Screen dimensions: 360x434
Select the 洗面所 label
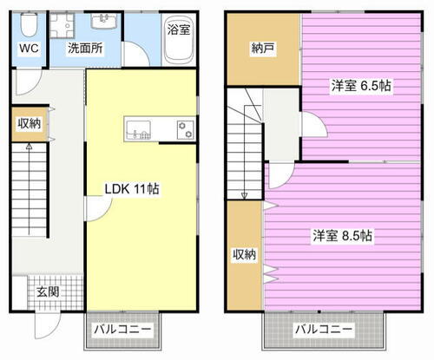point(85,49)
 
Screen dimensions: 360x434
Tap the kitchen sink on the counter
point(139,130)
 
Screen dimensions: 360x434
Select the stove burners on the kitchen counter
point(185,130)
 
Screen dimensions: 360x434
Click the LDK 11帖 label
point(132,188)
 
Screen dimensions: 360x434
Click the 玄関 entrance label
point(48,291)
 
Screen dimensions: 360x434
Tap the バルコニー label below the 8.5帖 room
point(322,331)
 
